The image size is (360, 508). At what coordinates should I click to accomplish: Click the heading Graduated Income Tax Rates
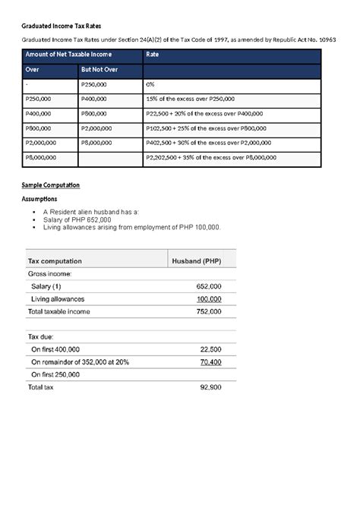coord(63,26)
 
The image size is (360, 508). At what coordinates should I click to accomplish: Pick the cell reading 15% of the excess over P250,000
coord(190,99)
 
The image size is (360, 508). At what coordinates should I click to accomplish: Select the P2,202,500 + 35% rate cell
coord(210,157)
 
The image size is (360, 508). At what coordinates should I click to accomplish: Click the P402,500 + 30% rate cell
coord(207,143)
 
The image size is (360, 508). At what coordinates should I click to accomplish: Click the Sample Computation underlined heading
coord(50,185)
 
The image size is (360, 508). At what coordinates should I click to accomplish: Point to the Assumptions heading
coord(43,199)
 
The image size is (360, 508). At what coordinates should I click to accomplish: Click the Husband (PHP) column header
coord(197,260)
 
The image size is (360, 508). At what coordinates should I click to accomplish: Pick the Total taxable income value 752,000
coord(208,311)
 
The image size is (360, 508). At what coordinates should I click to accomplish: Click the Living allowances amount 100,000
coord(208,299)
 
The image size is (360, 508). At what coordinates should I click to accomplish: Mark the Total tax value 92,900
coord(210,387)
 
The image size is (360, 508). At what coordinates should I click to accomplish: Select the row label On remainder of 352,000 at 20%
coord(80,362)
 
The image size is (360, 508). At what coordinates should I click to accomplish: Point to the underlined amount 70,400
coord(210,362)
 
